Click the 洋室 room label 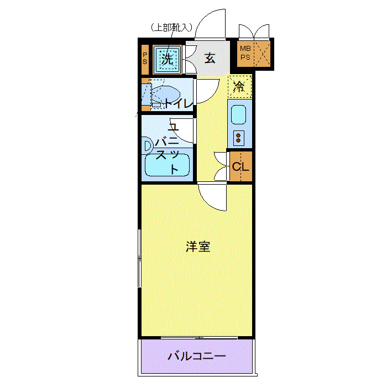(x=197, y=247)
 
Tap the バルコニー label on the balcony (x=196, y=356)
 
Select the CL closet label (x=240, y=166)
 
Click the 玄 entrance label (x=210, y=57)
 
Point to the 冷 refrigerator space (x=239, y=86)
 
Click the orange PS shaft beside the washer (x=144, y=58)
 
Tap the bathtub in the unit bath (x=167, y=165)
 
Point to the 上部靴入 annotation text (x=171, y=27)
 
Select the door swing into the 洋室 (x=213, y=197)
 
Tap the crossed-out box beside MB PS (x=263, y=54)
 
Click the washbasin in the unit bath (x=148, y=145)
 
